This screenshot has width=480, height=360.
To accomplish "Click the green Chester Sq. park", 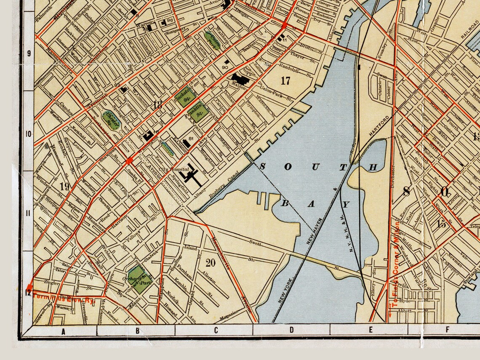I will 112,120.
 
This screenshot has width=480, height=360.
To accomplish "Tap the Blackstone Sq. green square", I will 183,96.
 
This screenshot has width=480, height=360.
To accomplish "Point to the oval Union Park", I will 212,41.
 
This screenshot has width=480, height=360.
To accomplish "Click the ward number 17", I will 285,80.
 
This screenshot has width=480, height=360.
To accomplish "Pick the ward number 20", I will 211,263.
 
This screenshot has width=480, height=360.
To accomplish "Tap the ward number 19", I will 64,187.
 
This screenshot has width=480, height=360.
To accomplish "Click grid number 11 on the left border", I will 29,213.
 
